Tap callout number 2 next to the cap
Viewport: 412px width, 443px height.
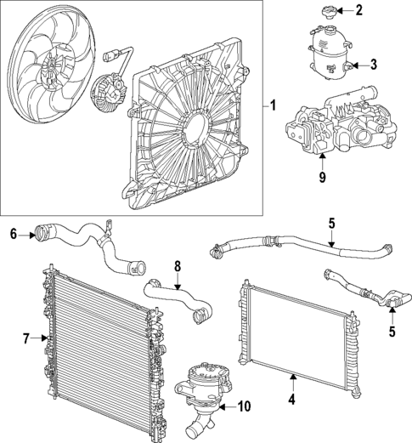[x=358, y=11]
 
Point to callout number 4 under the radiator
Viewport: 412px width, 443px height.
[x=292, y=398]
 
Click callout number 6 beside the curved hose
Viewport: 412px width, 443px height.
[x=13, y=233]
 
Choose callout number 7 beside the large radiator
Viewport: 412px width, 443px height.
[x=26, y=339]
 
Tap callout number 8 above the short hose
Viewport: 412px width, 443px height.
[x=178, y=265]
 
